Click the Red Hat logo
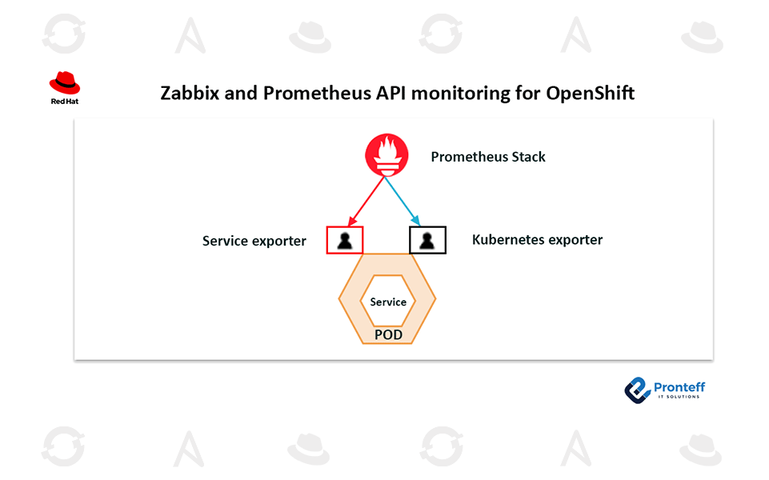pyautogui.click(x=65, y=83)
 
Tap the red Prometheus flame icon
pyautogui.click(x=387, y=155)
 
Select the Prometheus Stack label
pyautogui.click(x=488, y=157)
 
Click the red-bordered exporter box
pyautogui.click(x=345, y=240)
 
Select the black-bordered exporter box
pyautogui.click(x=427, y=240)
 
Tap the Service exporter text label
pyautogui.click(x=254, y=241)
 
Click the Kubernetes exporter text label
pyautogui.click(x=537, y=239)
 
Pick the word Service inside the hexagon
pyautogui.click(x=388, y=302)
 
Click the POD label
pyautogui.click(x=388, y=334)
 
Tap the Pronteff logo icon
pyautogui.click(x=637, y=389)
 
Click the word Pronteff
pyautogui.click(x=679, y=386)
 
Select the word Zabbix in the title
pyautogui.click(x=189, y=93)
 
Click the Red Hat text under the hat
pyautogui.click(x=64, y=102)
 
